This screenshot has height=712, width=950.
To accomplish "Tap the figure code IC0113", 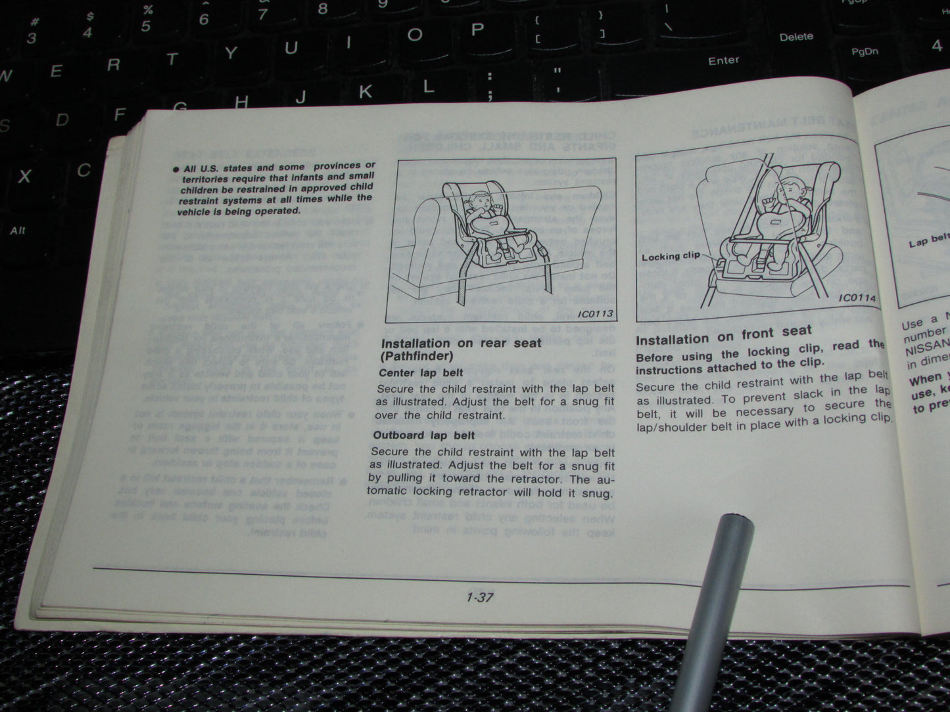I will [595, 313].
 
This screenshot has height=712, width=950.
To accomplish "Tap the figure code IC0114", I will [857, 298].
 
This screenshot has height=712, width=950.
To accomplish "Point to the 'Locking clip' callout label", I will [671, 256].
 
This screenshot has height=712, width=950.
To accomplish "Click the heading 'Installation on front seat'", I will [724, 336].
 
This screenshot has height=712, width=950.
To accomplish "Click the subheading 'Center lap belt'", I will [421, 372].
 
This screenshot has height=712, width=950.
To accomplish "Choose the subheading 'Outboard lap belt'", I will [424, 435].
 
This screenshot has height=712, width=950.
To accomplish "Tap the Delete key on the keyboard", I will [796, 37].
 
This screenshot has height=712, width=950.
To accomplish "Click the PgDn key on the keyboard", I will [865, 52].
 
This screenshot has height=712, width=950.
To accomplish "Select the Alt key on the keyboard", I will [18, 230].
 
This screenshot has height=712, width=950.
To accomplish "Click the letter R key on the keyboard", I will [114, 64].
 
